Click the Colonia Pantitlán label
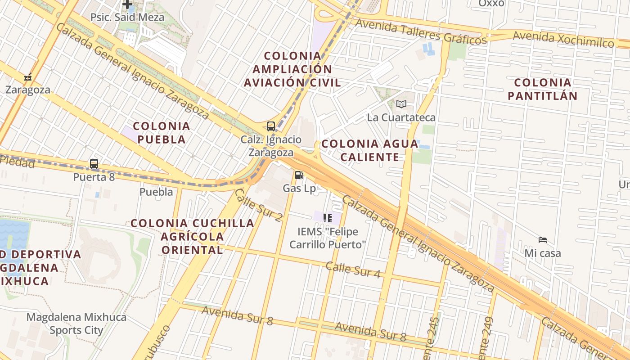tap(542, 89)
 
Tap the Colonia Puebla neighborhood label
tap(162, 133)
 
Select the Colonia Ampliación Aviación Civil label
tap(292, 69)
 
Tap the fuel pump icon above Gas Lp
tap(299, 175)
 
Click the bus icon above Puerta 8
tap(94, 164)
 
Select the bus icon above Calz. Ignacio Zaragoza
tap(271, 126)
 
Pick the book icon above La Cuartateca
tap(401, 104)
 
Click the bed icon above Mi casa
tap(543, 240)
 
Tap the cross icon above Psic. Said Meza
tap(127, 4)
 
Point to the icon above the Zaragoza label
tap(28, 77)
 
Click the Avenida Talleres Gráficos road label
tap(421, 32)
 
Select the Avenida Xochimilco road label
tap(563, 39)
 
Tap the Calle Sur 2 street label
tap(258, 205)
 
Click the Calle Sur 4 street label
tap(353, 270)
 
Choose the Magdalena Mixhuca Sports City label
tap(76, 324)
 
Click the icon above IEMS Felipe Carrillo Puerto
tap(328, 219)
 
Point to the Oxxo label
tap(491, 4)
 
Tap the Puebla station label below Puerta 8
tap(156, 192)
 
